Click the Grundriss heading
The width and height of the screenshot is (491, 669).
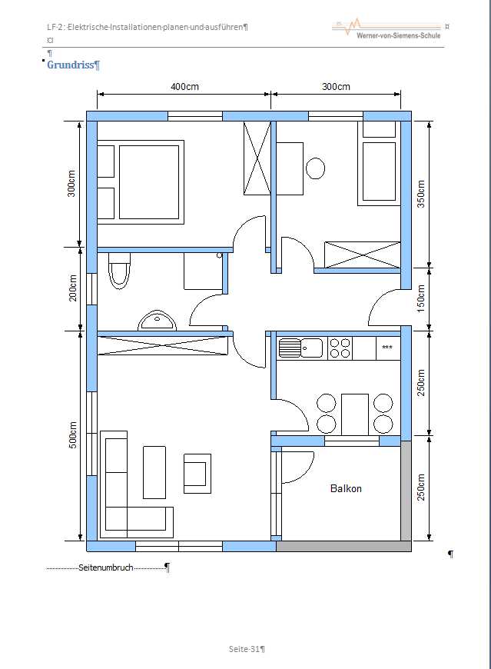coord(71,65)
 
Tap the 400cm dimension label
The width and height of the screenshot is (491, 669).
coord(184,87)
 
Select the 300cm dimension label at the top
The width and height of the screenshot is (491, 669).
coord(336,87)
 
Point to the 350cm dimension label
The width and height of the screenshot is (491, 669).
coord(420,194)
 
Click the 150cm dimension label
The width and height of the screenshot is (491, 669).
coord(420,298)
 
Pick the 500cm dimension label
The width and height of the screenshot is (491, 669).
coord(73,435)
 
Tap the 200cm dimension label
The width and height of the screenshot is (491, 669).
coord(73,288)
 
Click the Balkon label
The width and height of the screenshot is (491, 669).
coord(346,488)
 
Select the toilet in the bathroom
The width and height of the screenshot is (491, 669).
coord(119,271)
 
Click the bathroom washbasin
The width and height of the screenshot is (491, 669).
coord(157,321)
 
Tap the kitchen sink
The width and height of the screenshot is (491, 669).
coord(300,348)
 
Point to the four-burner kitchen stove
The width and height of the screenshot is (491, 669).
coord(340,348)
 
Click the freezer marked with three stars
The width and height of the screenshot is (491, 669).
coord(388,348)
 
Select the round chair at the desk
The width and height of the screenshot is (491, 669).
coord(315,168)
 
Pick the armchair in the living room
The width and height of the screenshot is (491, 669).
coord(197,474)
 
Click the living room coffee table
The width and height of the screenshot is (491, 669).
coord(154,472)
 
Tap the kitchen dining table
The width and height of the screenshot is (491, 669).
coord(355,414)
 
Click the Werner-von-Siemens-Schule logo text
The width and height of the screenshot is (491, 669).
coord(398,36)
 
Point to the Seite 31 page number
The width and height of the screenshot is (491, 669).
coord(247,649)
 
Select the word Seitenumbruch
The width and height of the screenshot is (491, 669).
coord(106,568)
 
